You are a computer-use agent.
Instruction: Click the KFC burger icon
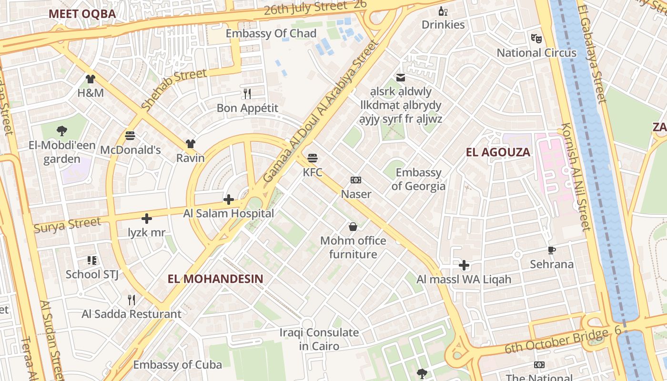point(313,158)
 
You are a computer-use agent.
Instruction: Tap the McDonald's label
point(130,150)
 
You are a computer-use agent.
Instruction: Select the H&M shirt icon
point(91,79)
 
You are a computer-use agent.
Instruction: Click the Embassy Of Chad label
point(271,33)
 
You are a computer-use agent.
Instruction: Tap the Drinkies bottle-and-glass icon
point(443,11)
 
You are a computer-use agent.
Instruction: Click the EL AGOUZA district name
point(498,152)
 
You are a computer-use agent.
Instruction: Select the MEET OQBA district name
point(82,14)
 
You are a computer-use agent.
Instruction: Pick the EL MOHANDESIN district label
point(215,279)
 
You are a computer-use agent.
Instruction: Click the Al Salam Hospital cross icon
point(229,199)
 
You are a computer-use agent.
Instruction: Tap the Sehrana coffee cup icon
point(552,250)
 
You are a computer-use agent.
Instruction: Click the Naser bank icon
point(356,180)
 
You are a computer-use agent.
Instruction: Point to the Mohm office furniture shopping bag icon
point(353,227)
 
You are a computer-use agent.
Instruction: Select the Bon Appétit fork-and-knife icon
point(247,93)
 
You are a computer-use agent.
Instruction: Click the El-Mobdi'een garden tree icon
point(61,130)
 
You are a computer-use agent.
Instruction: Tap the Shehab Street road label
point(174,89)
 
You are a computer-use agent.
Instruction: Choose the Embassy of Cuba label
point(177,365)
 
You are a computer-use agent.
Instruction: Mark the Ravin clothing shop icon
point(191,143)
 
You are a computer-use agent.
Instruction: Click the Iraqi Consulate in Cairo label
point(319,339)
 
